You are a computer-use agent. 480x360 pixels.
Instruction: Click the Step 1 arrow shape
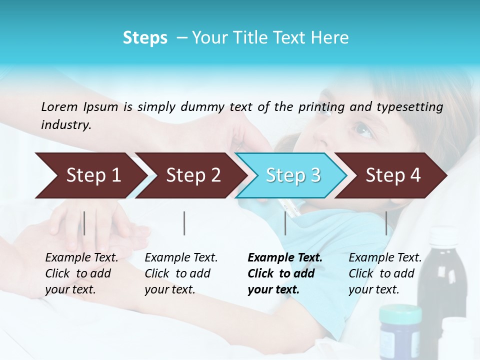tap(90, 175)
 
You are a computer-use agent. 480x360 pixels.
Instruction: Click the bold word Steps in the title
tap(145, 38)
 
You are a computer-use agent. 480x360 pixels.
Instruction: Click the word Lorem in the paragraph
tap(59, 106)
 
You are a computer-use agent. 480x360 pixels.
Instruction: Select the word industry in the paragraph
tap(65, 125)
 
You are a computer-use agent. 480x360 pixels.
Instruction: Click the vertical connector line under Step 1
tap(84, 223)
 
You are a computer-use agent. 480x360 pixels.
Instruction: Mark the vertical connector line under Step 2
tap(184, 223)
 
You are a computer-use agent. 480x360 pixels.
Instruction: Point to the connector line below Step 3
tap(285, 223)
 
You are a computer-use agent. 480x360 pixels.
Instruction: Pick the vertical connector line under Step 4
tap(386, 223)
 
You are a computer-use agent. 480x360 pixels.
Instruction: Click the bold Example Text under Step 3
tap(285, 258)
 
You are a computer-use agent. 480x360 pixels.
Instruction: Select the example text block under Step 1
tap(81, 273)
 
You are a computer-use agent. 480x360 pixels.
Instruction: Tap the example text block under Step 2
tap(181, 273)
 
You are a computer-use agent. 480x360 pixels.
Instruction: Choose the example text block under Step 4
tap(385, 273)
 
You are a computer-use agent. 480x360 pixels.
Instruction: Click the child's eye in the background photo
tap(363, 130)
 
